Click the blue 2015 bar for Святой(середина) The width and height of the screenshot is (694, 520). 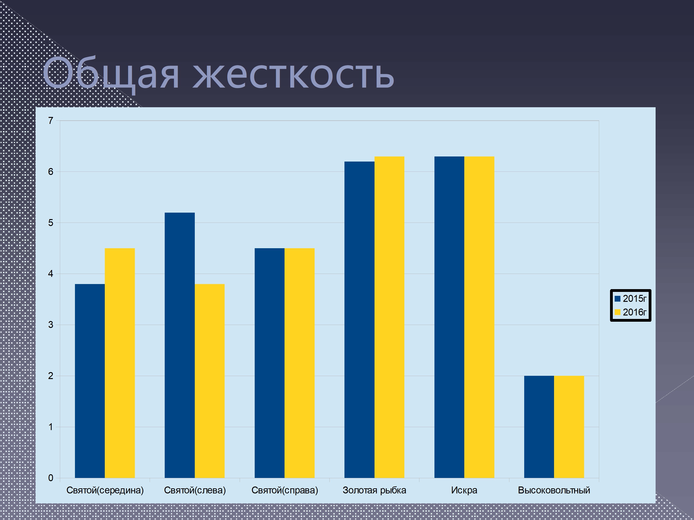pos(90,381)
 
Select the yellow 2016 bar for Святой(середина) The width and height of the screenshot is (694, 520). pos(120,363)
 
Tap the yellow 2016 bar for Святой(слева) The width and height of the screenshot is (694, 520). pos(210,381)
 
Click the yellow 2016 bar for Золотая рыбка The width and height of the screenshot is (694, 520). pos(389,317)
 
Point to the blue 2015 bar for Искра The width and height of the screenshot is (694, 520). pos(449,317)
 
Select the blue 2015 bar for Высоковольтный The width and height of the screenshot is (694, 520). pos(539,427)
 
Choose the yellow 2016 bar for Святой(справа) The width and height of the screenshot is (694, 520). pos(300,363)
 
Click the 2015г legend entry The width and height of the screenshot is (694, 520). pos(631,299)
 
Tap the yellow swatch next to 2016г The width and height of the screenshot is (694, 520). pos(617,312)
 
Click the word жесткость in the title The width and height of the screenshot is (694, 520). pos(293,75)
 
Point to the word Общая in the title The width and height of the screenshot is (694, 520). pos(111,75)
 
